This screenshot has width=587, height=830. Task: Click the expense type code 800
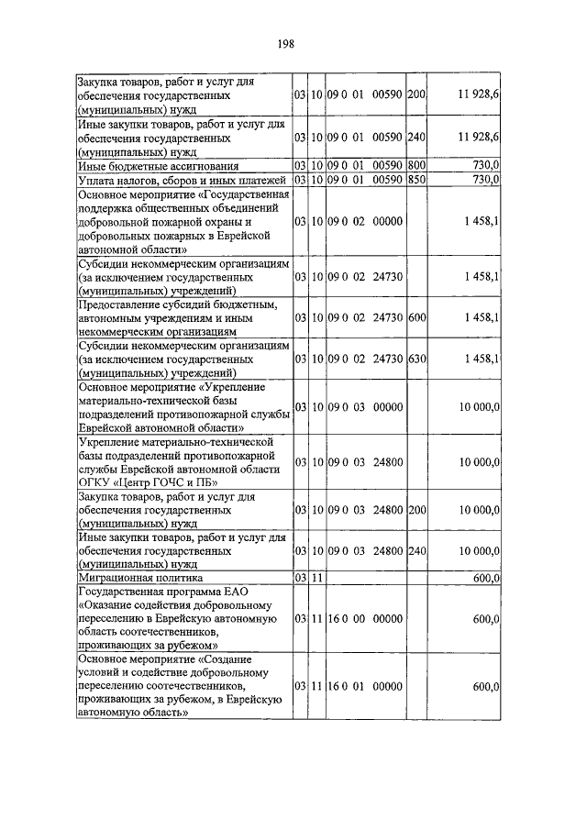click(x=415, y=165)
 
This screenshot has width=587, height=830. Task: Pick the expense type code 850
click(x=415, y=179)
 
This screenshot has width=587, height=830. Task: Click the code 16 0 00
click(x=334, y=619)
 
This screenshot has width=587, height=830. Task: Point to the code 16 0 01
click(x=334, y=686)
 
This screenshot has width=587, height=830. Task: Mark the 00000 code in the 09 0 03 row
click(x=389, y=406)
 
